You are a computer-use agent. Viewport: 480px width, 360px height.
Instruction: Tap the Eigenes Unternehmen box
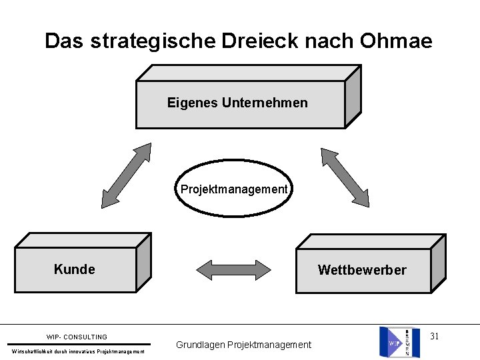[240, 103]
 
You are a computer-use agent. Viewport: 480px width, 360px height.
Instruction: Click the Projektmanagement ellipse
[234, 190]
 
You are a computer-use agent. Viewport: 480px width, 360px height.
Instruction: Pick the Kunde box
[75, 269]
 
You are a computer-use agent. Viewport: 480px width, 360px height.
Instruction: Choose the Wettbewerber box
[362, 270]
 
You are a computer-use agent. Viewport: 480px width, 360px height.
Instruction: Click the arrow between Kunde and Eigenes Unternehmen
[127, 176]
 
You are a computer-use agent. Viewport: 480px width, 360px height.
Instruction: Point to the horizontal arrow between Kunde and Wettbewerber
[234, 269]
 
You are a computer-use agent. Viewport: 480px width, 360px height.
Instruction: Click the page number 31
[434, 336]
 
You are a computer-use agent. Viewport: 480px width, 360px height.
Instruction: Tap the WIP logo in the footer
[395, 342]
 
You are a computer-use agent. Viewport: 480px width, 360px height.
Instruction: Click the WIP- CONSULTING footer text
[77, 337]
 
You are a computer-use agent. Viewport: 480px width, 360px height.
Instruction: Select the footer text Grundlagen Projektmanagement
[243, 345]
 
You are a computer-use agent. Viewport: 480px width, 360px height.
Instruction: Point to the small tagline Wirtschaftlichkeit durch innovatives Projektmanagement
[78, 351]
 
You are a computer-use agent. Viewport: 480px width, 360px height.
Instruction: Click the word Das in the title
[64, 41]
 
